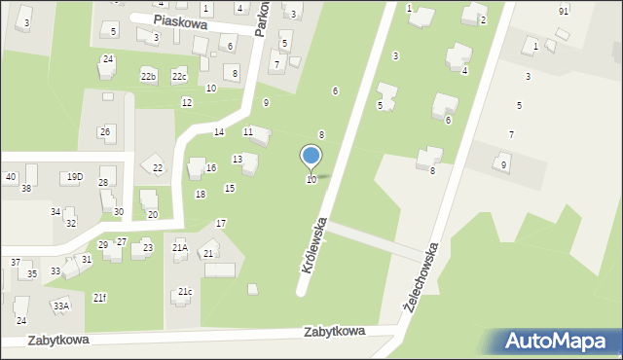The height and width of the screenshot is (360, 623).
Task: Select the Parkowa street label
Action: pyautogui.click(x=261, y=19)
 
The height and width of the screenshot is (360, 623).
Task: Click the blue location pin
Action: pyautogui.click(x=311, y=156)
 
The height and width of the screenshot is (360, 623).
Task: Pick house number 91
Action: pyautogui.click(x=564, y=11)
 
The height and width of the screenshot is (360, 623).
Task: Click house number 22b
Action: pyautogui.click(x=148, y=76)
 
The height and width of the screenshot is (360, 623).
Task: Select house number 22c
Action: pyautogui.click(x=179, y=76)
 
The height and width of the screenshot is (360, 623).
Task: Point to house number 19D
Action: pyautogui.click(x=75, y=177)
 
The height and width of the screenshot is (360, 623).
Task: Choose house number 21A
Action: pyautogui.click(x=180, y=247)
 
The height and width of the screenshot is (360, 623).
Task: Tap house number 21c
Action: pyautogui.click(x=185, y=292)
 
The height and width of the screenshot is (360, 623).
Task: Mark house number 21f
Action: pyautogui.click(x=100, y=297)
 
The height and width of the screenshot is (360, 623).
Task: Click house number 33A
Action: pyautogui.click(x=61, y=306)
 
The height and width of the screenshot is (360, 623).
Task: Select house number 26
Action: pyautogui.click(x=104, y=131)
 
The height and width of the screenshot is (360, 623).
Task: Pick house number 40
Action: pyautogui.click(x=11, y=176)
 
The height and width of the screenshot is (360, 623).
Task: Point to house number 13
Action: pyautogui.click(x=238, y=159)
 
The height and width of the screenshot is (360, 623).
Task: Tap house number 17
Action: pyautogui.click(x=221, y=224)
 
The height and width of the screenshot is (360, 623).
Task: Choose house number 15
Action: pyautogui.click(x=230, y=188)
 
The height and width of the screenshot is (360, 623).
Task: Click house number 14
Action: pyautogui.click(x=219, y=131)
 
